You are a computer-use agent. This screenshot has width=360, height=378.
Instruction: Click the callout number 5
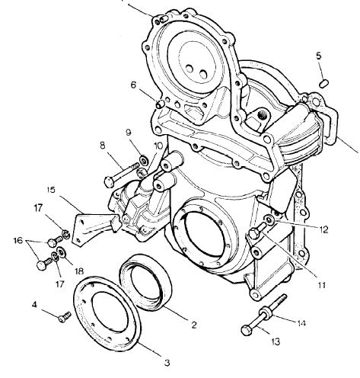319,56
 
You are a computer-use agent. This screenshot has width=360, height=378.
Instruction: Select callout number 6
134,85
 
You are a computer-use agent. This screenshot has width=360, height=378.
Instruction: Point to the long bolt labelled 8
122,175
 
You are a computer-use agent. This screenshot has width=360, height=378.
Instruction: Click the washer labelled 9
144,160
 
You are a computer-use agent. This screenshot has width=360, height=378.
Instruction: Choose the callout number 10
158,146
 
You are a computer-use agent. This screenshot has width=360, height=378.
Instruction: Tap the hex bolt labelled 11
257,231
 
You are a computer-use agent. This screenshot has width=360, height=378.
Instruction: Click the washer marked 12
269,219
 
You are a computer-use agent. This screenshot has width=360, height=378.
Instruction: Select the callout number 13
276,341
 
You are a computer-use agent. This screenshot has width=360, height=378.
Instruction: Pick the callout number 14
301,323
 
